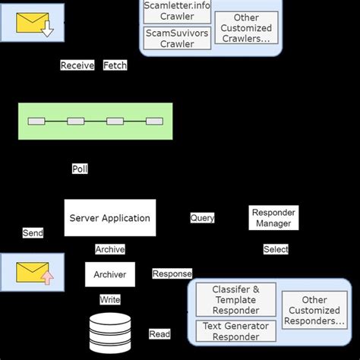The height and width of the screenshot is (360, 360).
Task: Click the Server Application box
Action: pyautogui.click(x=109, y=218)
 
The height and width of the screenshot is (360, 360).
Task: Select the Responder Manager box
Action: pyautogui.click(x=273, y=218)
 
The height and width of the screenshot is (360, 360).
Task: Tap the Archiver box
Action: pyautogui.click(x=109, y=274)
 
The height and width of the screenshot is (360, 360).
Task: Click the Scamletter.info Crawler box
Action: pyautogui.click(x=176, y=11)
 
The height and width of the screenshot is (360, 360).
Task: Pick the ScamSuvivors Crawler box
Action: pyautogui.click(x=176, y=38)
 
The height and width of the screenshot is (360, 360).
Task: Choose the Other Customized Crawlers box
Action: pyautogui.click(x=245, y=27)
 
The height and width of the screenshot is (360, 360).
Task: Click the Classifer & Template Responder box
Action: pyautogui.click(x=235, y=300)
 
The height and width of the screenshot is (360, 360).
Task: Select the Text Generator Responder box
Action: pyautogui.click(x=235, y=331)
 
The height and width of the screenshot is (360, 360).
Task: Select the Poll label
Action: pyautogui.click(x=80, y=169)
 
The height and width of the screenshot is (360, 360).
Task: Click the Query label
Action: pyautogui.click(x=202, y=218)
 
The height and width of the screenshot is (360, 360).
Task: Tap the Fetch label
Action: pyautogui.click(x=115, y=65)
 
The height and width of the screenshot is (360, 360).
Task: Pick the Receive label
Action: pyautogui.click(x=77, y=65)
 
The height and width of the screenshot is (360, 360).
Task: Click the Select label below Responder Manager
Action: pyautogui.click(x=276, y=249)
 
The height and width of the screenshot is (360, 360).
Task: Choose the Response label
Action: pyautogui.click(x=172, y=273)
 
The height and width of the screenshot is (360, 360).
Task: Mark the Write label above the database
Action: pyautogui.click(x=110, y=300)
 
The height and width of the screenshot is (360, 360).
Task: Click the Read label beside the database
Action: pyautogui.click(x=159, y=334)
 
